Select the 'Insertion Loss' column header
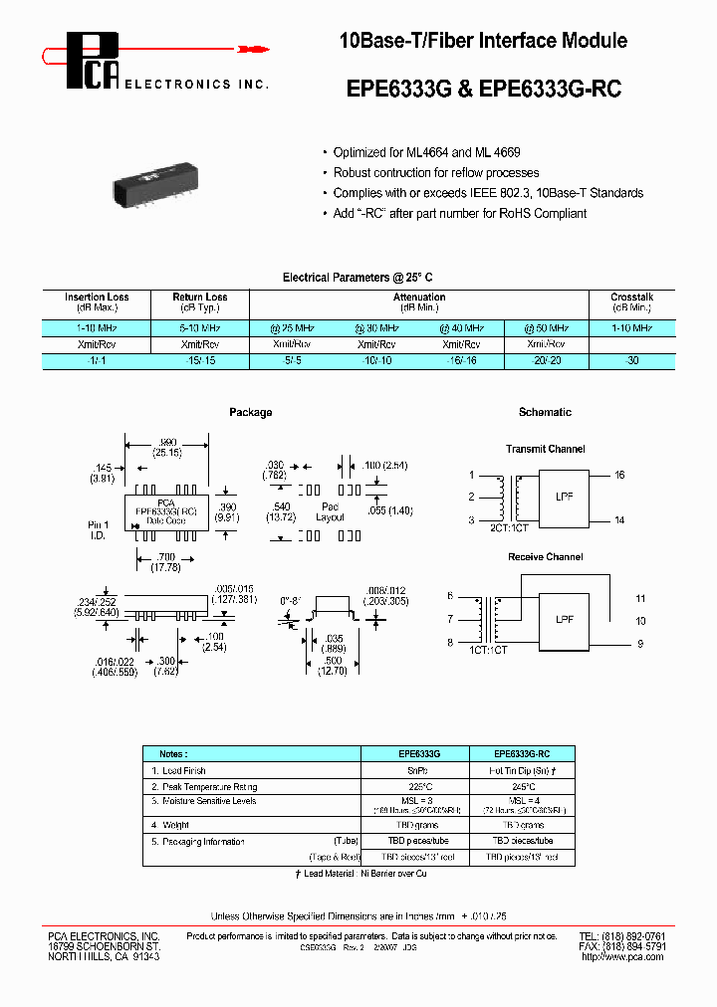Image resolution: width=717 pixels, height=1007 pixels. (97, 298)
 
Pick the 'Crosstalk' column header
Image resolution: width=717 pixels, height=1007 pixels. (632, 298)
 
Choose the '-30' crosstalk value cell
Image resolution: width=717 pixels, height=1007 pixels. (632, 362)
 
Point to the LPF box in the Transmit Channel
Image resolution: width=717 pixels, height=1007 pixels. (564, 496)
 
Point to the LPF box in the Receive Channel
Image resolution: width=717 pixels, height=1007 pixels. (564, 619)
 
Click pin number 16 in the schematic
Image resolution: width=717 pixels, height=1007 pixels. (619, 476)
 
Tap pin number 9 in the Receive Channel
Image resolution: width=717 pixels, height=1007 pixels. (640, 644)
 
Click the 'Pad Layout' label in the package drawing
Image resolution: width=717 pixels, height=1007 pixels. (330, 511)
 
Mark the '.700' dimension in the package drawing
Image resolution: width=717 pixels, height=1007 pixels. (165, 557)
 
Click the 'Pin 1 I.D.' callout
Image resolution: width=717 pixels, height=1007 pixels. (98, 528)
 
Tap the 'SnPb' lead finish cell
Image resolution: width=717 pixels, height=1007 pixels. (412, 771)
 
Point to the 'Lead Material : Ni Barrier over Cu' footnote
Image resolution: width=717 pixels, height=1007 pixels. (360, 874)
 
